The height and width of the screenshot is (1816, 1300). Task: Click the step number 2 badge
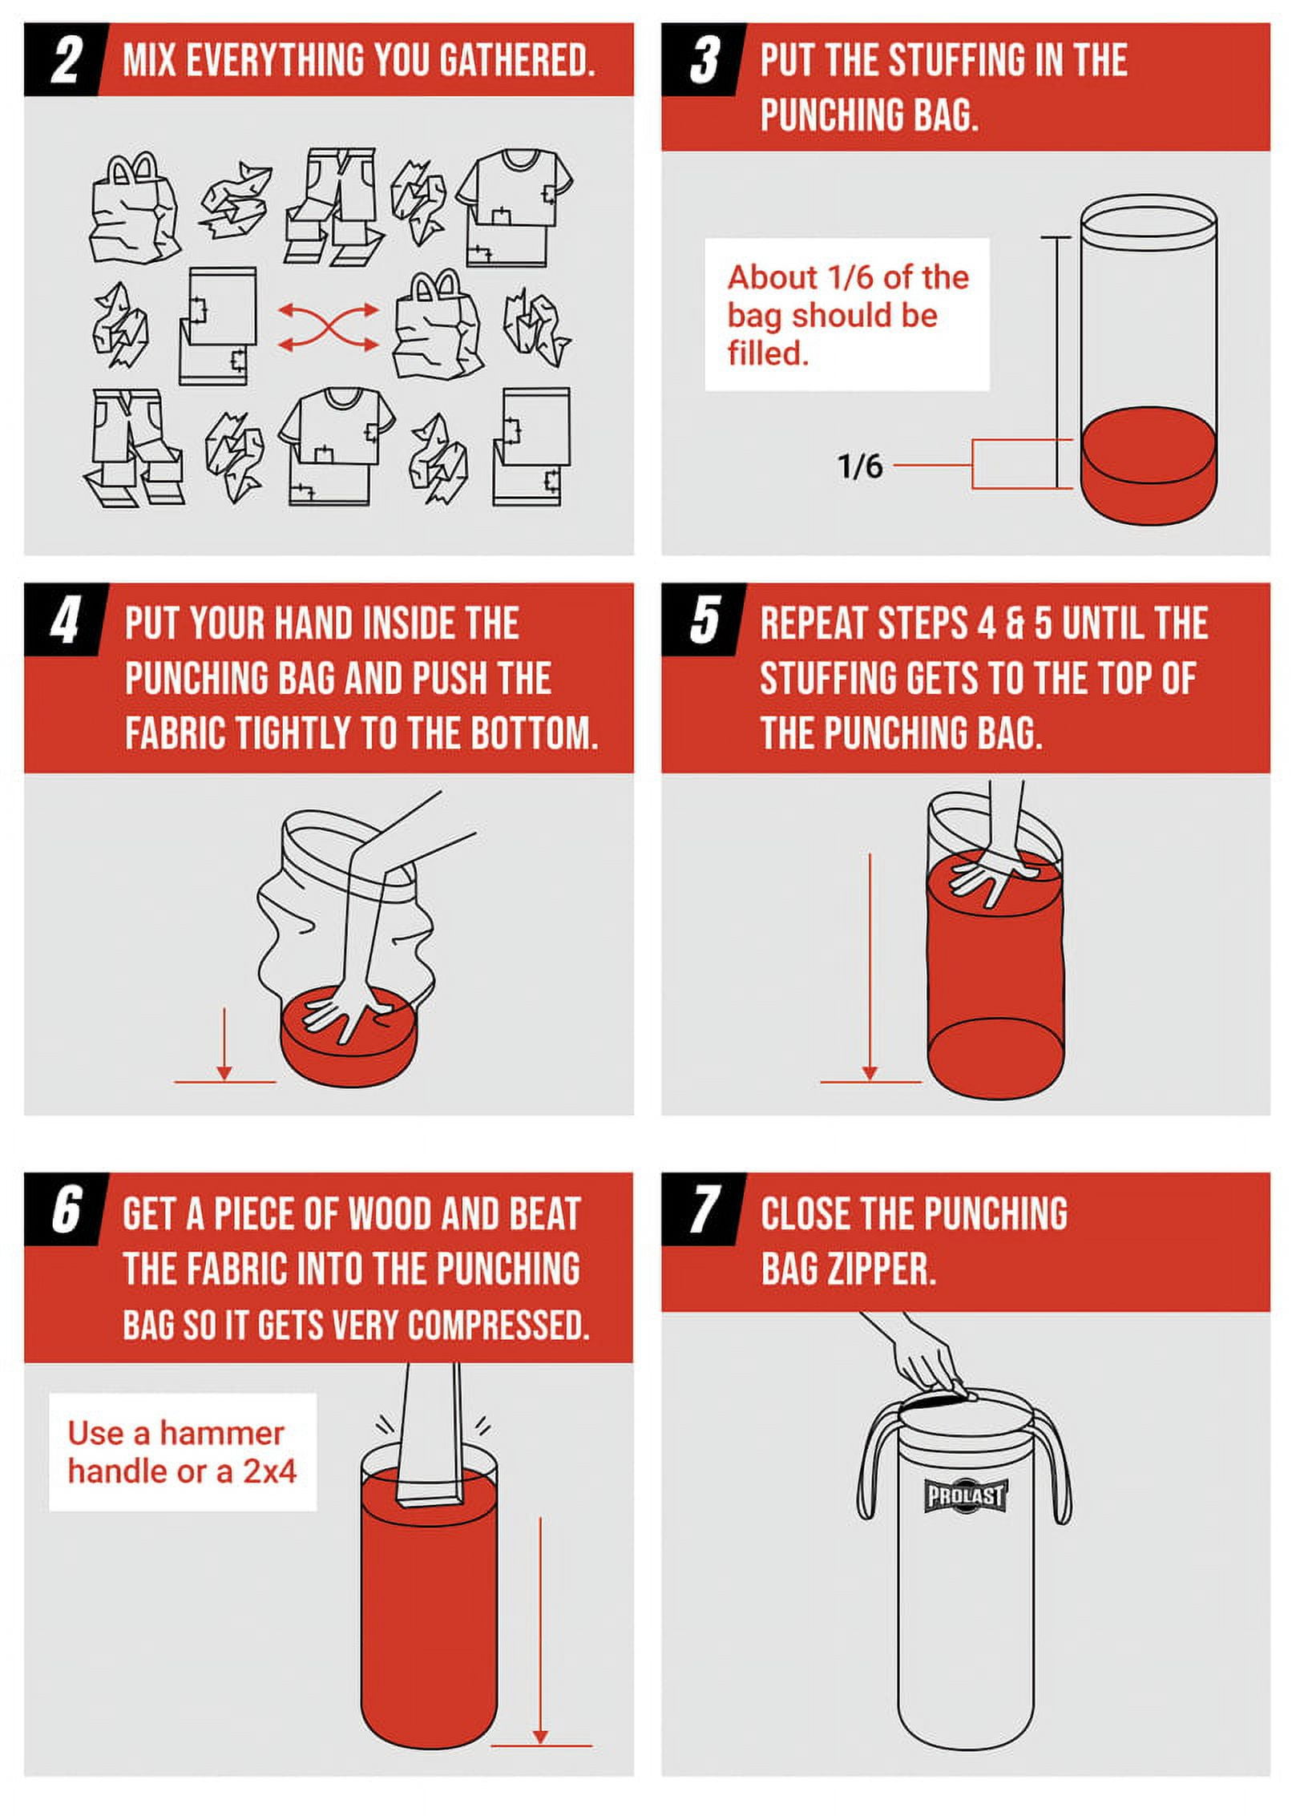point(64,60)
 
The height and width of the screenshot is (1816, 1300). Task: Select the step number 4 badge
point(64,621)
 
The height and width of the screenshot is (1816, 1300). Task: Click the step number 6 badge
point(64,1210)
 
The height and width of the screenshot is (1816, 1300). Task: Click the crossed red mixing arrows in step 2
point(329,326)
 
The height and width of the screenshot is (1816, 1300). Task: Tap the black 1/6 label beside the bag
point(860,466)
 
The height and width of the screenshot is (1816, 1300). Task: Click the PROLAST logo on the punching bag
point(965,1495)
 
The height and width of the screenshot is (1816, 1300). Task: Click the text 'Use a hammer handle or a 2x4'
point(183,1451)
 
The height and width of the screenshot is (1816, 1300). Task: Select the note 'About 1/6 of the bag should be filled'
point(848,315)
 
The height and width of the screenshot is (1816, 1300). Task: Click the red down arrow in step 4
point(224,1043)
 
